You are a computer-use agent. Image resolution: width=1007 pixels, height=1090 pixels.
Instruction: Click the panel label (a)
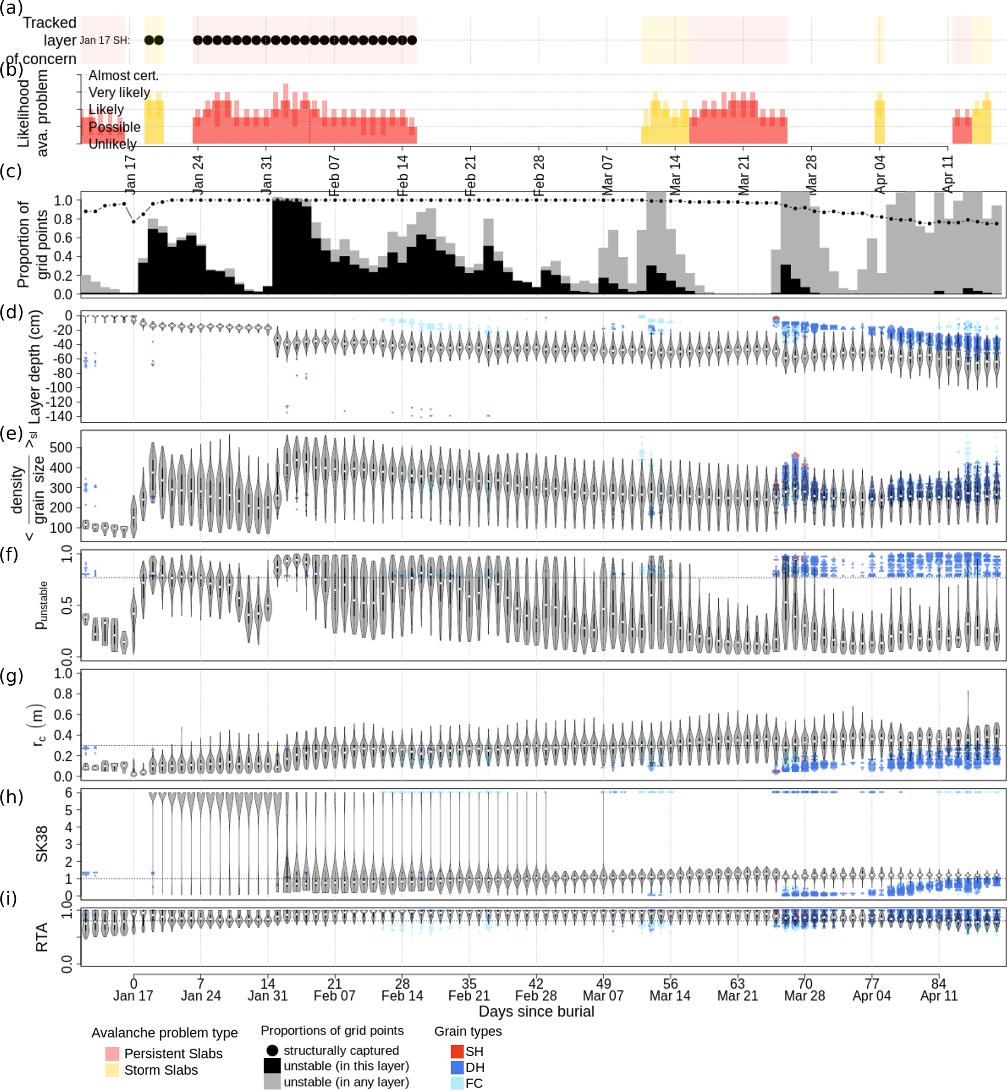[x=11, y=8]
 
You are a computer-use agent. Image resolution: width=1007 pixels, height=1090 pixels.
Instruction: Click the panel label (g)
[x=11, y=676]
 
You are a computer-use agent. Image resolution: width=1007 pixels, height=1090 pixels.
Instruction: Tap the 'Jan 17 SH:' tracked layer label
[x=105, y=40]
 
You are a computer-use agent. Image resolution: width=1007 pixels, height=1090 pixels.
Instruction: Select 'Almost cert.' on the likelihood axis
[x=123, y=75]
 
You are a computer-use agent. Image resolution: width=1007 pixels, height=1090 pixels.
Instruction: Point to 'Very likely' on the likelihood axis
[x=119, y=93]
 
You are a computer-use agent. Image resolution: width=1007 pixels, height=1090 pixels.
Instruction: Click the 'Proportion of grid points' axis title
[x=31, y=244]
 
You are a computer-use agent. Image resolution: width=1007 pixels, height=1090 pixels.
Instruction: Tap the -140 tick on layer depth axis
[x=61, y=416]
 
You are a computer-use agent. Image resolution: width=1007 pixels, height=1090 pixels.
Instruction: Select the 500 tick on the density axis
[x=61, y=448]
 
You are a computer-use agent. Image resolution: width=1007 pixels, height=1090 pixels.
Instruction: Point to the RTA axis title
[x=42, y=937]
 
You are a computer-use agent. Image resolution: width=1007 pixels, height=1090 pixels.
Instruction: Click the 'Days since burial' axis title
[x=536, y=1012]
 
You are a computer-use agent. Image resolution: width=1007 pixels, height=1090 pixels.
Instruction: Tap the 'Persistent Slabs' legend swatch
[x=112, y=1053]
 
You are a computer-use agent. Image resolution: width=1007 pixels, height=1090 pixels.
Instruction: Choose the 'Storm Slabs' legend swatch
[x=112, y=1070]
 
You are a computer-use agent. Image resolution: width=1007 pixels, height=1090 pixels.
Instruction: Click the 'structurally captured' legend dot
[x=272, y=1050]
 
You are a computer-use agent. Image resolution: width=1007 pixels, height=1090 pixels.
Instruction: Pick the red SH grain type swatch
[x=457, y=1052]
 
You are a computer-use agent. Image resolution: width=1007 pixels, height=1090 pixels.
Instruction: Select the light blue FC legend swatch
[x=457, y=1083]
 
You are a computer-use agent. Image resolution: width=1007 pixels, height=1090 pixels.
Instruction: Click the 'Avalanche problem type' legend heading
[x=164, y=1033]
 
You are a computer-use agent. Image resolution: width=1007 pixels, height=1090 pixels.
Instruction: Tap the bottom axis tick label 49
[x=603, y=984]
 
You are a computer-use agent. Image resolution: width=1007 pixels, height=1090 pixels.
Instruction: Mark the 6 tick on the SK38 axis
[x=69, y=793]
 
